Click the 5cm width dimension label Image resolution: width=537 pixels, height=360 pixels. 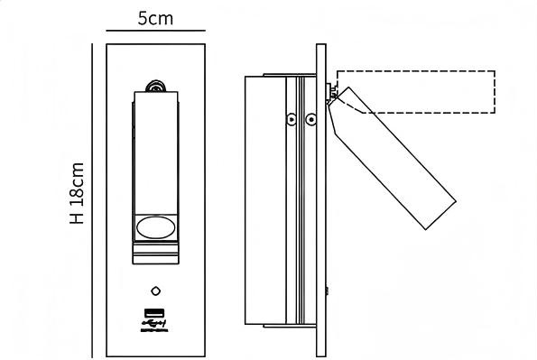click(x=155, y=18)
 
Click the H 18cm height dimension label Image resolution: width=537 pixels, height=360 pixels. click(x=77, y=193)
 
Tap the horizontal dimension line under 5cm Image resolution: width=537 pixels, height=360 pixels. click(x=155, y=31)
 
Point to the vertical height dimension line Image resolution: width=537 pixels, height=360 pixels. click(x=92, y=200)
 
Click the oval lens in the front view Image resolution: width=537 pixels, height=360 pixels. click(x=156, y=227)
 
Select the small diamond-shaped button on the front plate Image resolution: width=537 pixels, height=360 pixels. click(x=156, y=291)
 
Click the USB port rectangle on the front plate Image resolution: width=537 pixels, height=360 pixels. click(x=154, y=313)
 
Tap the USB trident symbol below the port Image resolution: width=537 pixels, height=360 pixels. click(x=153, y=323)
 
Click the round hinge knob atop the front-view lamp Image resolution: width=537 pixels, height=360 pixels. click(x=155, y=87)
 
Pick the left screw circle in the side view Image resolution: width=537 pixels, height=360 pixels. click(x=292, y=119)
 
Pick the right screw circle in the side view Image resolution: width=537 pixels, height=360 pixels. click(x=310, y=119)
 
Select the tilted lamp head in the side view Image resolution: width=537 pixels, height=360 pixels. click(x=392, y=158)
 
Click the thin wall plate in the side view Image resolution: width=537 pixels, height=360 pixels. click(x=321, y=200)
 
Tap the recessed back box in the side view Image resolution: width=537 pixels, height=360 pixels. click(x=265, y=200)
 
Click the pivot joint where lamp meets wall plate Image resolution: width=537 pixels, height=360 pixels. click(x=331, y=93)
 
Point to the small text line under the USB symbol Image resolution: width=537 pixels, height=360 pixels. click(x=154, y=330)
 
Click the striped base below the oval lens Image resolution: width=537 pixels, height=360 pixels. click(x=156, y=254)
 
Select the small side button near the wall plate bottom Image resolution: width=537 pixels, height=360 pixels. click(x=328, y=291)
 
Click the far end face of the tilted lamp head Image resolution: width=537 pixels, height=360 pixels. click(x=440, y=215)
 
